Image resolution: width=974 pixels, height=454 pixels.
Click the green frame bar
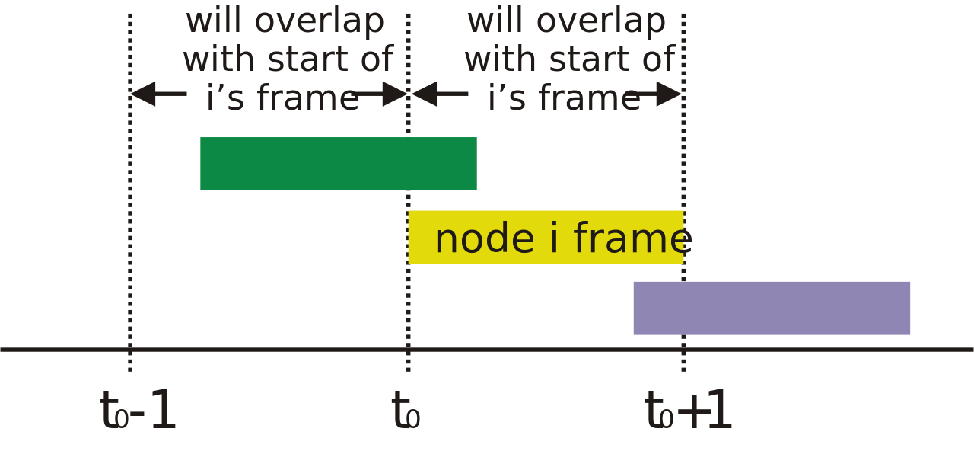(339, 164)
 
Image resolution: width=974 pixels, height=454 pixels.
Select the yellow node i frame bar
(546, 237)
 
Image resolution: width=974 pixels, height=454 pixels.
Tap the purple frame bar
(772, 309)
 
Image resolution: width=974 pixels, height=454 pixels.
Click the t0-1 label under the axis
(138, 410)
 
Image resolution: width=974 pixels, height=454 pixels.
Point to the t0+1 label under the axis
(688, 410)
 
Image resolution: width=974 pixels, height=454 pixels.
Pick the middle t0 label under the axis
(406, 410)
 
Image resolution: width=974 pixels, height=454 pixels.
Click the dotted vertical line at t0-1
(130, 193)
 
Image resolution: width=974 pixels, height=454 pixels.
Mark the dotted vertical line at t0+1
(683, 193)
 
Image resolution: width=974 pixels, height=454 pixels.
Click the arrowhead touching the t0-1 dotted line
(143, 94)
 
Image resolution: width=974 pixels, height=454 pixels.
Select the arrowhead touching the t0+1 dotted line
(669, 94)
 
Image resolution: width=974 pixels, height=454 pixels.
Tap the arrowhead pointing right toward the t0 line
(395, 94)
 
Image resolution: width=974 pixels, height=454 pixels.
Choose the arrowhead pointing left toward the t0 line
(424, 94)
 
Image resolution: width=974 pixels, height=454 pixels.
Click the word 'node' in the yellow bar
(485, 238)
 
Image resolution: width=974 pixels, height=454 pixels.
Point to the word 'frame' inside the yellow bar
(632, 238)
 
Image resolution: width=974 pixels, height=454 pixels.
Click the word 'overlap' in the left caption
(320, 22)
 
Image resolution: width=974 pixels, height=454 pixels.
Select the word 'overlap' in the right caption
(601, 22)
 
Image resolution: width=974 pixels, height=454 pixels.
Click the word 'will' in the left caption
(214, 21)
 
